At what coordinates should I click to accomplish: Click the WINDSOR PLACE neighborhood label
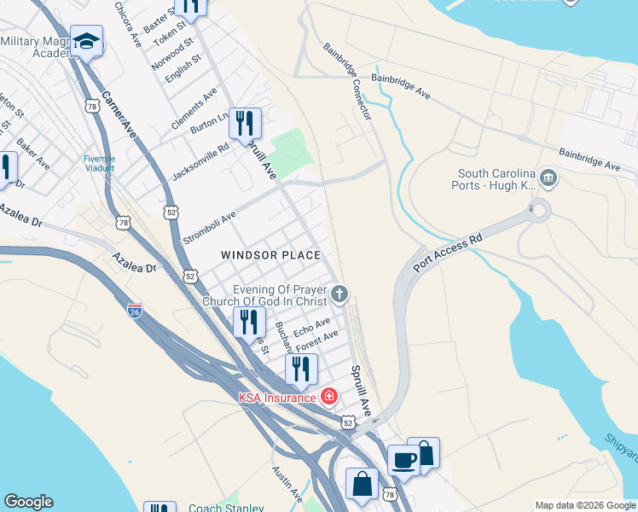[x=270, y=255]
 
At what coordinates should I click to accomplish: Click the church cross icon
[x=339, y=295]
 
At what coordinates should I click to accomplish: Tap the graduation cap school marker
[x=86, y=41]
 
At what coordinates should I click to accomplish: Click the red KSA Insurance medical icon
[x=328, y=397]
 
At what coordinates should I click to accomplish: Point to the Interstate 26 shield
[x=135, y=309]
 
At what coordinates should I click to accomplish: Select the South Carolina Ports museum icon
[x=548, y=179]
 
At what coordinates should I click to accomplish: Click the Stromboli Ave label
[x=209, y=229]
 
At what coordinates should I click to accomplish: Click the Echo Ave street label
[x=311, y=327]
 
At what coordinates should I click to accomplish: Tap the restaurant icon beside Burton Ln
[x=245, y=123]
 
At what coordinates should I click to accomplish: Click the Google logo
[x=28, y=502]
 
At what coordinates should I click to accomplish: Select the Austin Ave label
[x=287, y=482]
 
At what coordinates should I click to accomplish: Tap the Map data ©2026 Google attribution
[x=584, y=505]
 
